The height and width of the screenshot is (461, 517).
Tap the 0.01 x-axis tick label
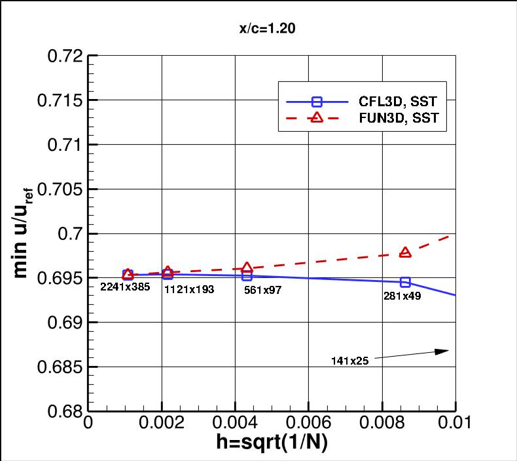(x=454, y=424)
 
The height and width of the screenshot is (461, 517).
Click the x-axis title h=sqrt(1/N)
(x=272, y=443)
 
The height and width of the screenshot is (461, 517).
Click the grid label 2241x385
(x=125, y=287)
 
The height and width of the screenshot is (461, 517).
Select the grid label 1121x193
(x=188, y=289)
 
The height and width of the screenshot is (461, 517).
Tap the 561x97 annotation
(x=262, y=289)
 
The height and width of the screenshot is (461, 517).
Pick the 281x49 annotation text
(x=402, y=296)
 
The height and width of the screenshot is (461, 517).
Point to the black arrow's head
(x=448, y=351)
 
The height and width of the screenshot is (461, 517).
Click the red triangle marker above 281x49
(x=405, y=252)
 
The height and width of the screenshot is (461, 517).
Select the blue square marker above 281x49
(x=405, y=282)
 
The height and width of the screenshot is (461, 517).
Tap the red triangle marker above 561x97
(x=247, y=268)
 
